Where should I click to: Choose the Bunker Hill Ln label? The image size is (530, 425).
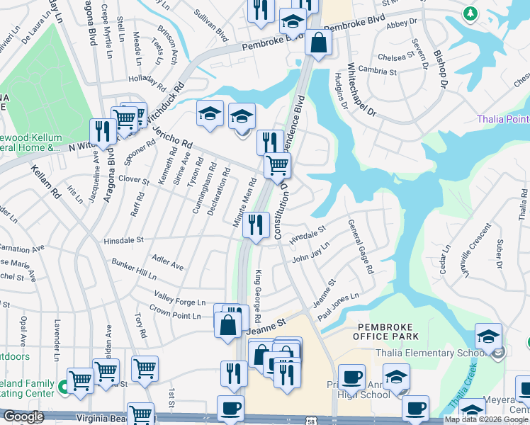(133, 269)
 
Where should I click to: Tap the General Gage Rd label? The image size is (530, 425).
(360, 247)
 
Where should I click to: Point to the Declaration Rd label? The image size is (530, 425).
(218, 192)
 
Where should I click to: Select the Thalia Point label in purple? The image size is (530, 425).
(502, 119)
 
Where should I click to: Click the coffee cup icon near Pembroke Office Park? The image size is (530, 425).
(351, 378)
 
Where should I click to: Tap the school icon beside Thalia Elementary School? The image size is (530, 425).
(488, 337)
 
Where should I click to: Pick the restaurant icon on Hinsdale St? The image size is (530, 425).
(256, 225)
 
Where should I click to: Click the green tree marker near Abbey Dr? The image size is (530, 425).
(470, 13)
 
